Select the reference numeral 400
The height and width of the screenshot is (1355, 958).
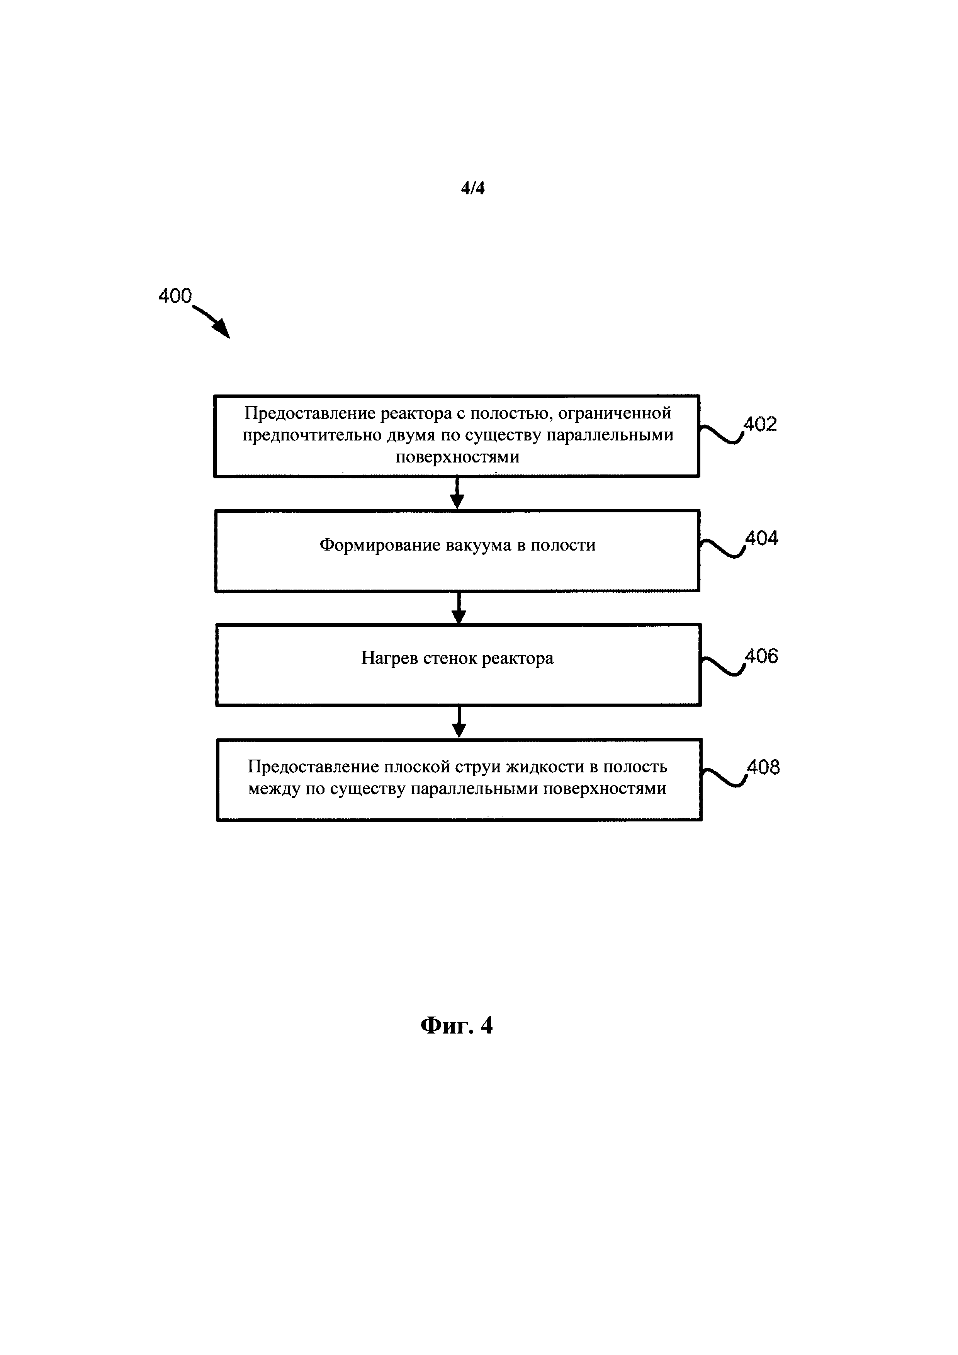tap(175, 296)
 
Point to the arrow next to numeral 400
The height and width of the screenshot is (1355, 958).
tap(212, 321)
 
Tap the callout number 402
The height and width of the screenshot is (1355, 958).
tap(760, 424)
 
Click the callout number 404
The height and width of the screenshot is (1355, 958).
tap(761, 538)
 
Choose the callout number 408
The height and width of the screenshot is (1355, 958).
tap(763, 767)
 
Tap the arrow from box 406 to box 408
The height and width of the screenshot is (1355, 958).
tap(459, 722)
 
